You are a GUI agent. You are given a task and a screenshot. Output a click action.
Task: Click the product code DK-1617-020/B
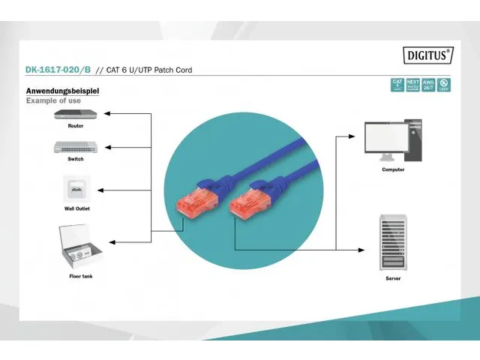click(x=57, y=70)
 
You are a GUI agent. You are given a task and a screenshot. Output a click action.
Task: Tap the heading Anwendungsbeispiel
click(x=62, y=91)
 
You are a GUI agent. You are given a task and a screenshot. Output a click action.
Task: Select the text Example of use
click(x=53, y=100)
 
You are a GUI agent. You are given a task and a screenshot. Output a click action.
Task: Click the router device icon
click(x=76, y=115)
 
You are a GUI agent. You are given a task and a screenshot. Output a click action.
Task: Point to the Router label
click(x=76, y=126)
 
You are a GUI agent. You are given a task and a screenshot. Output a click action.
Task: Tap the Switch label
click(x=76, y=158)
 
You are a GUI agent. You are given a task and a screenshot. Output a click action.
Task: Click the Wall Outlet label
click(x=76, y=208)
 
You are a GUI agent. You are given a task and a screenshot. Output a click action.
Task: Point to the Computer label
click(x=393, y=169)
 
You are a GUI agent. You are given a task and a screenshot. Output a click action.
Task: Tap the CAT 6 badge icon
click(x=397, y=84)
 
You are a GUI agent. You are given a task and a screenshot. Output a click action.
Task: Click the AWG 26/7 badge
click(x=427, y=84)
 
